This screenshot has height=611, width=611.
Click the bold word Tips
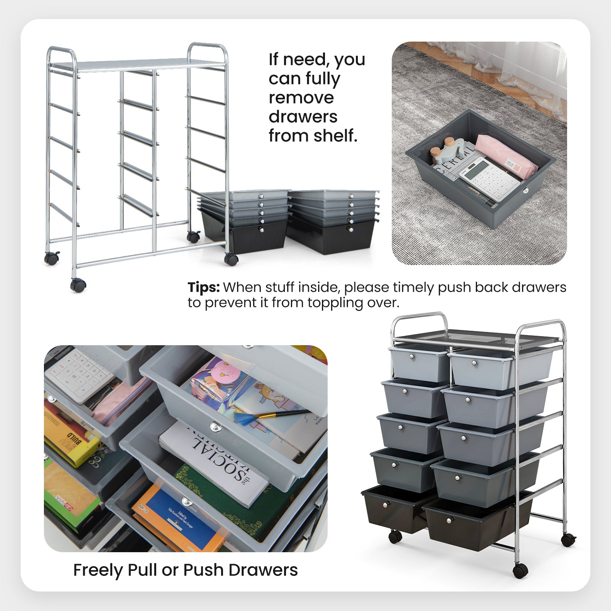click(203, 287)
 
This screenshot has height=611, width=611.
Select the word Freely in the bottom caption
click(98, 570)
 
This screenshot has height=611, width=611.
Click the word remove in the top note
click(301, 97)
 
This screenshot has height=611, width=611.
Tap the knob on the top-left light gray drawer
click(412, 357)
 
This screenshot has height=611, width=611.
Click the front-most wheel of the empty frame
click(78, 285)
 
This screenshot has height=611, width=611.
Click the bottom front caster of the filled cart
click(520, 571)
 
